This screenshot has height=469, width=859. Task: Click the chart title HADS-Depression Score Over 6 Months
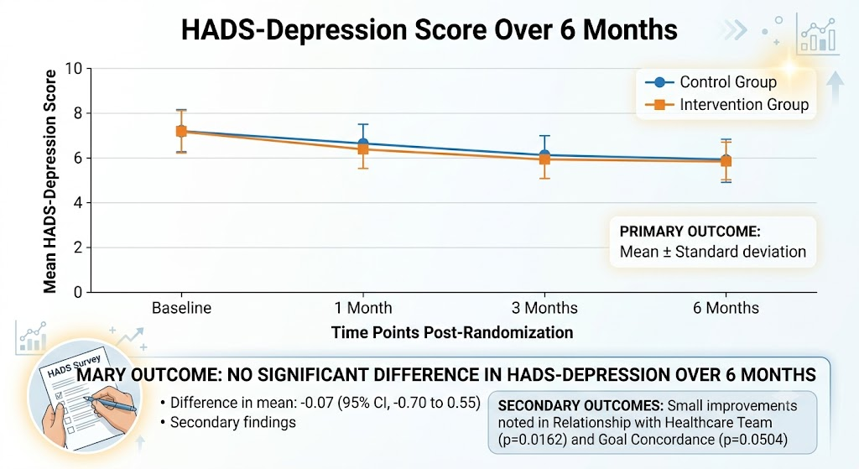[429, 29]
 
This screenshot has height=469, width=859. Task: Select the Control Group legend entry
[711, 82]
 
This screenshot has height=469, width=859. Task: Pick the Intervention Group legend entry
[726, 104]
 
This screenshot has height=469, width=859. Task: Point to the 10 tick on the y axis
[74, 69]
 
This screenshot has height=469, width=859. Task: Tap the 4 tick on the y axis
[78, 203]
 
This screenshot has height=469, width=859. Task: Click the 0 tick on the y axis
[78, 292]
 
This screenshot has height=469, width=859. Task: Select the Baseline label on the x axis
[181, 308]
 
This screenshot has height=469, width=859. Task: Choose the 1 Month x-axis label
[363, 308]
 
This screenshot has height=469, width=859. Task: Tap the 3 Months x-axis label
[544, 308]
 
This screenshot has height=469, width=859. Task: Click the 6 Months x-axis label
[726, 308]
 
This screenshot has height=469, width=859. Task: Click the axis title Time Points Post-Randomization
[452, 332]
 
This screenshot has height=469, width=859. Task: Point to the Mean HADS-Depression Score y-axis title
[49, 181]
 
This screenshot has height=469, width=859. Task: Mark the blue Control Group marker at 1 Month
[363, 143]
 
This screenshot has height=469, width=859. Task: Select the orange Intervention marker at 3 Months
[544, 159]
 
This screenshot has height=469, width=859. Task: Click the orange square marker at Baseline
[181, 132]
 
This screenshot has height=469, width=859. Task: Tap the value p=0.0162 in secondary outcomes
[532, 440]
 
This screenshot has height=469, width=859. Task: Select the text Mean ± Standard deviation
[713, 252]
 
